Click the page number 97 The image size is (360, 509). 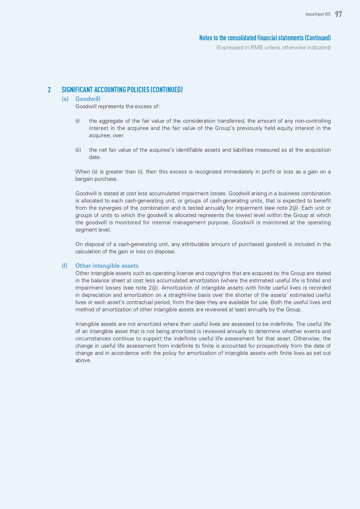coord(338,14)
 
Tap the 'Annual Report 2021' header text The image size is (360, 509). coord(318,14)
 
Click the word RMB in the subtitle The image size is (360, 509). coord(257,48)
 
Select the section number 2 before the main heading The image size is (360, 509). coord(49,90)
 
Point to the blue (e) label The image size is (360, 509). coord(65,99)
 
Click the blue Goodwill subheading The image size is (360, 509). coord(88,99)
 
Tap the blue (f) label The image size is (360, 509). coord(65,266)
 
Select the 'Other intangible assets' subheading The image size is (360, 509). coord(107,266)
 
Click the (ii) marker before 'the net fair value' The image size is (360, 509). coord(78,150)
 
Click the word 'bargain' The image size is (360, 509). coord(84,179)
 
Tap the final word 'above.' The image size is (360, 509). coord(83,360)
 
